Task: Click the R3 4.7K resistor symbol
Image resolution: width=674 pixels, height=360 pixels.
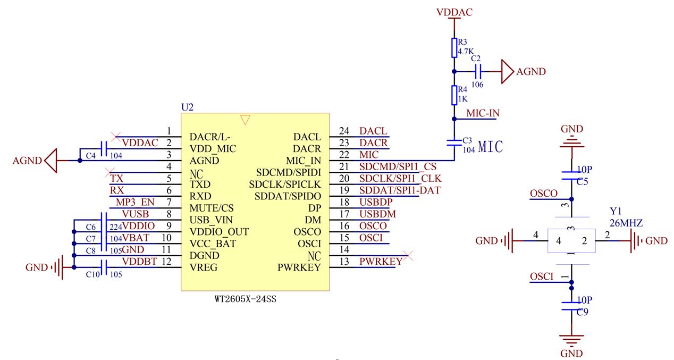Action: (x=453, y=47)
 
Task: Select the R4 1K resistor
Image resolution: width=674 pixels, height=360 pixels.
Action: (x=453, y=95)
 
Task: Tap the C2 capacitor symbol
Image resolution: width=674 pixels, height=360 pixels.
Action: (x=478, y=71)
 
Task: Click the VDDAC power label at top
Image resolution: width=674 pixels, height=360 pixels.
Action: (x=454, y=12)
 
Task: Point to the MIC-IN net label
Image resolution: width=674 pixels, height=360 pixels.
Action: (x=482, y=113)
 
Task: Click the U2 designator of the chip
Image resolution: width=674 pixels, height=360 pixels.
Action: (x=187, y=107)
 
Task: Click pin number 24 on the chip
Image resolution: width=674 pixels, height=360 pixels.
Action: (x=344, y=131)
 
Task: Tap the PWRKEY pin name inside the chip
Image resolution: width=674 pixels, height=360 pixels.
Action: (x=299, y=267)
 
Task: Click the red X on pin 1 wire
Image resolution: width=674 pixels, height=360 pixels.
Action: (x=115, y=136)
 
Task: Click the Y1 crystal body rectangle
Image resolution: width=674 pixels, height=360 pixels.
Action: (x=571, y=241)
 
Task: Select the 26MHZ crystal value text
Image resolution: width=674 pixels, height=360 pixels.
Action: (x=626, y=224)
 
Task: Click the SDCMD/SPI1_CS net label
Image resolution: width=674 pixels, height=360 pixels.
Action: (x=398, y=167)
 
